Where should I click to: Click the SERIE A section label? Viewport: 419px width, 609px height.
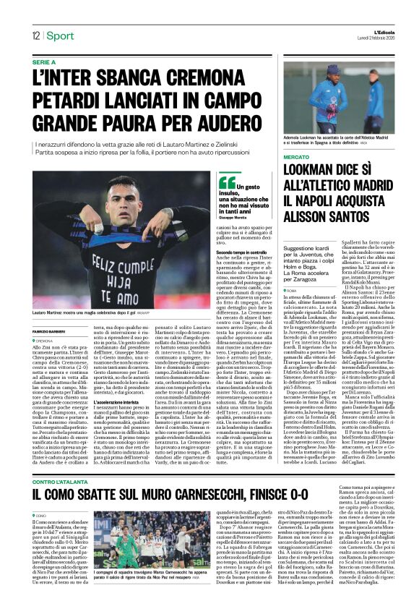[46, 63]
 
